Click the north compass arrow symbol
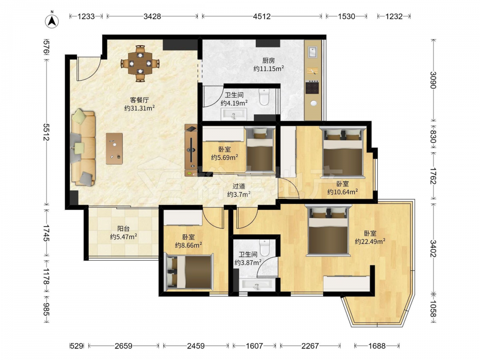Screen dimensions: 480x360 [x=52, y=21]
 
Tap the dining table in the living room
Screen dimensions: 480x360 [x=140, y=63]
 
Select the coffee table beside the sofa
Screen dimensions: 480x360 [x=115, y=148]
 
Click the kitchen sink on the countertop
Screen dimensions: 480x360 [x=313, y=52]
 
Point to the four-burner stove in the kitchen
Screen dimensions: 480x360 [x=312, y=87]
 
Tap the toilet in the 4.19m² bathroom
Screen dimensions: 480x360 [x=264, y=97]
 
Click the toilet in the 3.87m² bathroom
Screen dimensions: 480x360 [x=264, y=247]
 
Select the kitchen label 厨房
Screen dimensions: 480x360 [x=268, y=60]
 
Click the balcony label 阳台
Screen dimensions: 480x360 [x=123, y=228]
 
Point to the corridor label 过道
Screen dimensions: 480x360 [x=239, y=186]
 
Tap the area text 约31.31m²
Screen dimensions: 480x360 [x=140, y=108]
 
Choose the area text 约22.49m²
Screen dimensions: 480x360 [x=370, y=241]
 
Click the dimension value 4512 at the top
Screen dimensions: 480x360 [x=262, y=16]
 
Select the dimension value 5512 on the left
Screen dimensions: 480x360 [x=47, y=132]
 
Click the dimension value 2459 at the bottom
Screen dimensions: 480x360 [x=196, y=346]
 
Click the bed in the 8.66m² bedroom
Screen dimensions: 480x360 [x=189, y=272]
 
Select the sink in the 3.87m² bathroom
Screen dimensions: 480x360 [x=256, y=285]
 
